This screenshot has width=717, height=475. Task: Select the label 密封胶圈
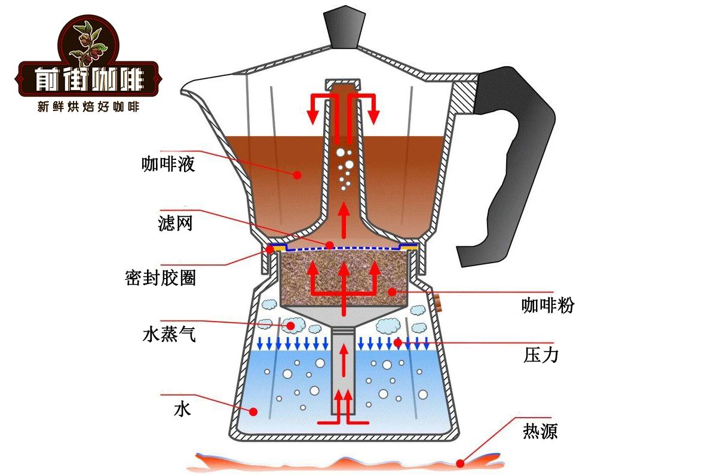pos(161,277)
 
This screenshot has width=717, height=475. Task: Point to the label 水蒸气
pos(169,334)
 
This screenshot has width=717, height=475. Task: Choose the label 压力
pos(540,356)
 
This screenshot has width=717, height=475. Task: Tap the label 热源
pos(540,430)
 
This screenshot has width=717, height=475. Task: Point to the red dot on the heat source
pos(460,462)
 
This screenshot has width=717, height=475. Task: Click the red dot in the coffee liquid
pos(297,175)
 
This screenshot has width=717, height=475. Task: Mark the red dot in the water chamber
pos(253,411)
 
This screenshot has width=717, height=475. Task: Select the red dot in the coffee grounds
pos(392,292)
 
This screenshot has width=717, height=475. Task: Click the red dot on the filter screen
pos(329,245)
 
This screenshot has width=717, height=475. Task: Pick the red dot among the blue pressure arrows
pos(397,343)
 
